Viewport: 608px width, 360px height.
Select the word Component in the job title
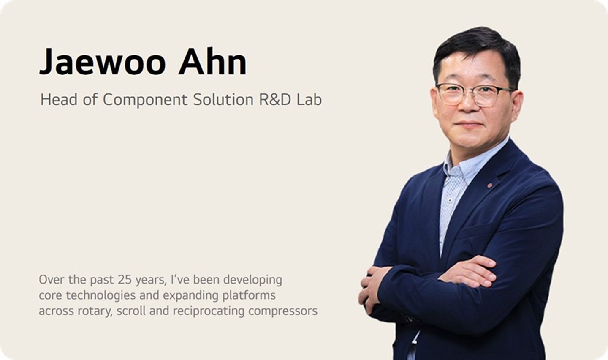coord(145,100)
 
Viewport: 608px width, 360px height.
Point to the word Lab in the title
coord(309,100)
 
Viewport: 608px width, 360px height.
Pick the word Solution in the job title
coord(223,100)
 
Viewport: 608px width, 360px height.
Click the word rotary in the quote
coord(93,311)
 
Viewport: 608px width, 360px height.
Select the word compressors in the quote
coord(282,311)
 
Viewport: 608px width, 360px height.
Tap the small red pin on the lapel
coord(490,185)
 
